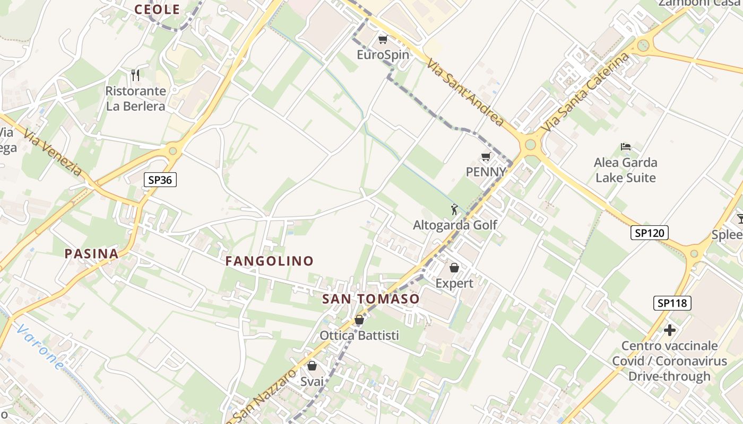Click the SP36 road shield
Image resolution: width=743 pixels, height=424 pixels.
tap(160, 180)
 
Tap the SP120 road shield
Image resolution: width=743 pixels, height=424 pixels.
tap(650, 232)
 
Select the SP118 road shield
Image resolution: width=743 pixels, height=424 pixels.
tap(672, 303)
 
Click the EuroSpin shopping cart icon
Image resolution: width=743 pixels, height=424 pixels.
tap(383, 40)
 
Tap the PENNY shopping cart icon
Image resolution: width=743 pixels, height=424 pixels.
tap(486, 157)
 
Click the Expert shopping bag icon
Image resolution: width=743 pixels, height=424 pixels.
tap(454, 268)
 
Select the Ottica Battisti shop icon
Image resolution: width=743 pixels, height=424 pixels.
tap(359, 320)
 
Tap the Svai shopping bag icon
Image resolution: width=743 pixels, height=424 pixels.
tap(312, 366)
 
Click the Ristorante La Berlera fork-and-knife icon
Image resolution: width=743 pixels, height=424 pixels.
tap(135, 75)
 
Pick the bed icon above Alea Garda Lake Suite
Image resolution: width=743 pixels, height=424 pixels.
tap(626, 147)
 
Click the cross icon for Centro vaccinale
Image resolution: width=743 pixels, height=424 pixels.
tap(670, 330)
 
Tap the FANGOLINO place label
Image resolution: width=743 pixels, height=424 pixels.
tap(270, 261)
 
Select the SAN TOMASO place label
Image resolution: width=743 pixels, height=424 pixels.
tap(371, 299)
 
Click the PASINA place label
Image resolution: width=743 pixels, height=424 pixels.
tap(91, 253)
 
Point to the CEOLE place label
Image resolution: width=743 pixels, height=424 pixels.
tap(157, 9)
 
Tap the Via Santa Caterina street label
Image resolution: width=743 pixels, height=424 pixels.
tap(586, 92)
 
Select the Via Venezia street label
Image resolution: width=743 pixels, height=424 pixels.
tap(53, 153)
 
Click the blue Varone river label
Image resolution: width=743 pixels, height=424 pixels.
tap(40, 347)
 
